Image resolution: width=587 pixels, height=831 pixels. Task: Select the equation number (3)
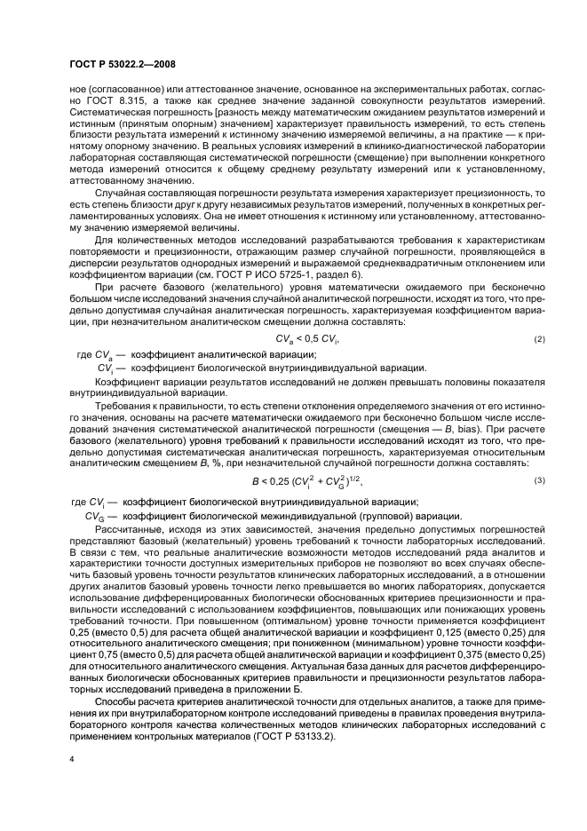pos(538,480)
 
